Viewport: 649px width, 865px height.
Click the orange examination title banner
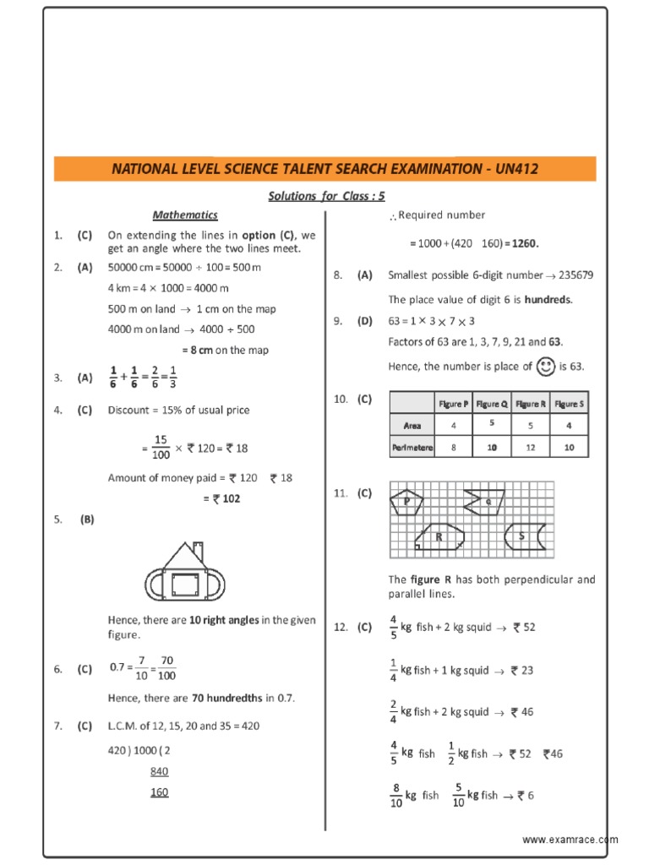tap(324, 169)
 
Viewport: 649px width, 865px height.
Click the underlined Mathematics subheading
tap(185, 215)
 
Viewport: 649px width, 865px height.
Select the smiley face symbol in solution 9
tap(546, 366)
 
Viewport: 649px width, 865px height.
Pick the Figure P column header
tap(454, 404)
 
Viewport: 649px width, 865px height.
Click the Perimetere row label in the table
tap(412, 448)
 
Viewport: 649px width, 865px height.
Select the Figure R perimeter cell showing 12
tap(531, 448)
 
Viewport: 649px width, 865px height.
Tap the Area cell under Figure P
tap(454, 426)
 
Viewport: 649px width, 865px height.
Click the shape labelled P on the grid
tap(407, 503)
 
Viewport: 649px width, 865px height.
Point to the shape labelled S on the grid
tap(523, 536)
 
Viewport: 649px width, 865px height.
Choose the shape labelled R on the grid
tap(439, 537)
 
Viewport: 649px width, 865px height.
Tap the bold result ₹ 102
tap(226, 498)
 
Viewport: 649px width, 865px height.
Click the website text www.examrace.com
tap(570, 840)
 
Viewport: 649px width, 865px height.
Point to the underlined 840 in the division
tap(160, 771)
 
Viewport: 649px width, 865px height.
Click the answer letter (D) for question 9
tap(364, 320)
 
